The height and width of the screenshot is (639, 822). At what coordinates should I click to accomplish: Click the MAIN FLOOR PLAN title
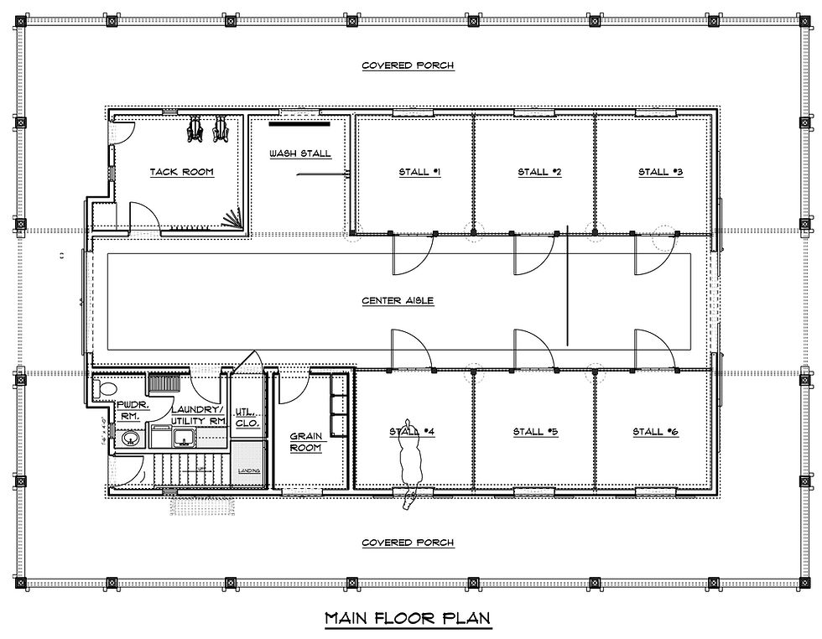(x=408, y=619)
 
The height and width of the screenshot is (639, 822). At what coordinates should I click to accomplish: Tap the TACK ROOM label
(x=181, y=172)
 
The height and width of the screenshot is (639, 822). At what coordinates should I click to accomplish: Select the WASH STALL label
(x=299, y=153)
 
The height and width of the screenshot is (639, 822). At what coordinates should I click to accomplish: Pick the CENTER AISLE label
(x=398, y=300)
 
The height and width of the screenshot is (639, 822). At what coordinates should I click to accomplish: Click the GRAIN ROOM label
(x=307, y=442)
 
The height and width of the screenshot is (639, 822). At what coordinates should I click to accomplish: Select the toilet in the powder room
(x=104, y=389)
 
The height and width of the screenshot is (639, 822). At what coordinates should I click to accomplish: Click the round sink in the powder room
(x=127, y=438)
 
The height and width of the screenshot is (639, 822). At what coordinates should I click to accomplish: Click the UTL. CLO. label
(x=246, y=418)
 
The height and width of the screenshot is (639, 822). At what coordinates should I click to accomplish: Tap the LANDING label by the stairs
(x=249, y=471)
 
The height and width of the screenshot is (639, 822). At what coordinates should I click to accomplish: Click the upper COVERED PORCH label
(x=408, y=65)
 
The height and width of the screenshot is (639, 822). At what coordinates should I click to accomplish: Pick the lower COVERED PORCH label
(x=408, y=543)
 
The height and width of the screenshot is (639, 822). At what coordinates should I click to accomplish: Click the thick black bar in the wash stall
(x=299, y=126)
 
